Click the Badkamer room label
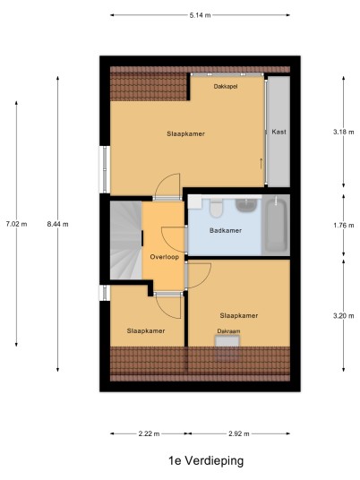[x=226, y=230]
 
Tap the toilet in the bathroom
[x=216, y=208]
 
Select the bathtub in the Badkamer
[x=276, y=225]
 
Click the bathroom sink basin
[x=246, y=205]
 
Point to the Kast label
[x=279, y=132]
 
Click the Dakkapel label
[x=226, y=86]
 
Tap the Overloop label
[x=165, y=257]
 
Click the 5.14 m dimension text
[x=200, y=15]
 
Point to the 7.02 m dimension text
[x=16, y=224]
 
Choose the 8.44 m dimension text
[x=57, y=224]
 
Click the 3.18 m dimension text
[x=344, y=132]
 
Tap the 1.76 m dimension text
[x=344, y=226]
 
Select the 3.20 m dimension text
[x=344, y=315]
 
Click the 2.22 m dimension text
[x=149, y=433]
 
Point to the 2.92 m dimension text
[x=239, y=433]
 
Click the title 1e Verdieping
[x=206, y=460]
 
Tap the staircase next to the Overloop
[x=125, y=240]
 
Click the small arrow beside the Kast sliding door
[x=261, y=164]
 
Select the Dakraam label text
[x=228, y=331]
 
